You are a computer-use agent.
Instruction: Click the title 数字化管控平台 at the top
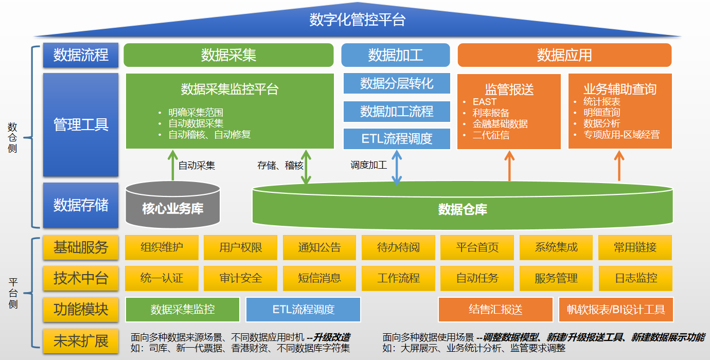point(358,20)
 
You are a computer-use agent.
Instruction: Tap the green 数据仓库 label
point(462,209)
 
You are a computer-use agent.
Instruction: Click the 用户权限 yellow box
point(241,247)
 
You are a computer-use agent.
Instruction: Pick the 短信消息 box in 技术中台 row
point(319,278)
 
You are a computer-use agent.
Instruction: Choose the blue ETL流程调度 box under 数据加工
point(397,138)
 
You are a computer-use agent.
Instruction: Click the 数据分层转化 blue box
point(397,83)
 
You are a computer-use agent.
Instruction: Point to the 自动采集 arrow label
point(197,166)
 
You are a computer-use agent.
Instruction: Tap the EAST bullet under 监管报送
point(484,102)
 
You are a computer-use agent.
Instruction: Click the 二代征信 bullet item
point(491,135)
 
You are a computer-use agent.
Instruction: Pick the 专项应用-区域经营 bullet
point(621,135)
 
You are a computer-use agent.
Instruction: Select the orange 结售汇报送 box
point(495,310)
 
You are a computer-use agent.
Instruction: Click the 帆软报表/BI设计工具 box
point(616,310)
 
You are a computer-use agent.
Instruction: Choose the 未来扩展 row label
point(81,340)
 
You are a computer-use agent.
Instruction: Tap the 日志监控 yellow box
point(636,278)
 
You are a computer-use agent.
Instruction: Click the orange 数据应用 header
point(564,55)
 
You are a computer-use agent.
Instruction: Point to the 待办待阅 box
point(398,247)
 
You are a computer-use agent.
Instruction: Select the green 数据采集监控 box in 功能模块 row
point(183,310)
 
